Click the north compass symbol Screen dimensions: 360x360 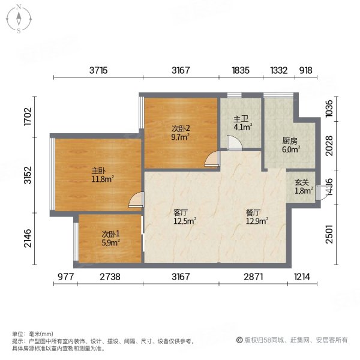click(x=19, y=19)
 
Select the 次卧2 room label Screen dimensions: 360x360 click(x=181, y=128)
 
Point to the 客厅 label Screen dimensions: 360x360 click(x=181, y=212)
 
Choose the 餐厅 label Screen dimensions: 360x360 click(x=253, y=212)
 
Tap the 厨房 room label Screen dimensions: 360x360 click(x=290, y=142)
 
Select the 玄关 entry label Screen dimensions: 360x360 click(x=301, y=183)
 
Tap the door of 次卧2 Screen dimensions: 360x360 click(x=211, y=159)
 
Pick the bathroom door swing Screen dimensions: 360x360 click(x=235, y=143)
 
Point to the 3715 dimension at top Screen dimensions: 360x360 click(x=99, y=70)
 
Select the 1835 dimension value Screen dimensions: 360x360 click(x=241, y=70)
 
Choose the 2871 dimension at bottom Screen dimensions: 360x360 click(x=253, y=277)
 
